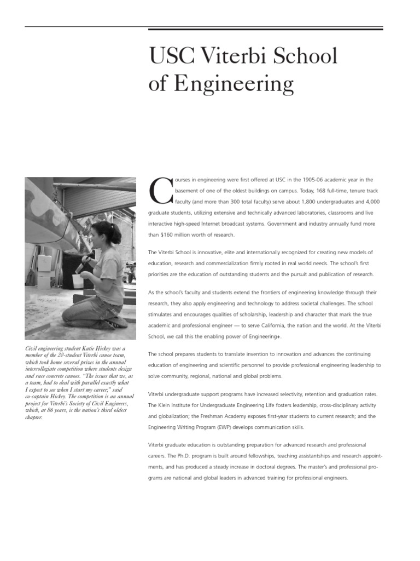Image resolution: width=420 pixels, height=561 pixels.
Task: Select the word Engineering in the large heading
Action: pyautogui.click(x=234, y=84)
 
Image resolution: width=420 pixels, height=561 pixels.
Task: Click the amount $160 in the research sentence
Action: pyautogui.click(x=168, y=234)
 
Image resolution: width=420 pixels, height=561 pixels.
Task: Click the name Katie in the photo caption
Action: pyautogui.click(x=79, y=348)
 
